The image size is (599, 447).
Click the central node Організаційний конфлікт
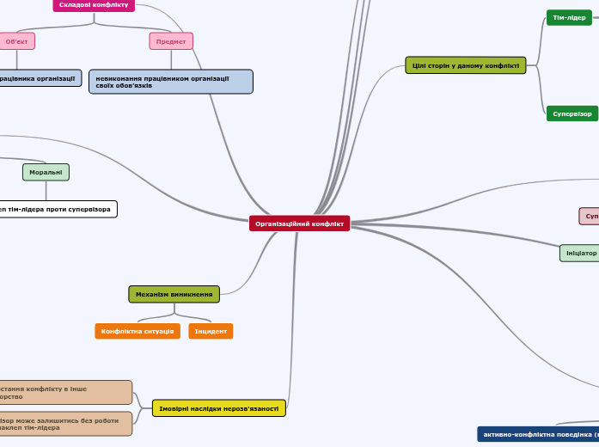click(x=299, y=223)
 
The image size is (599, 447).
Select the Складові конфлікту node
click(x=94, y=5)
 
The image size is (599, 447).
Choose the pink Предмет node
click(x=171, y=41)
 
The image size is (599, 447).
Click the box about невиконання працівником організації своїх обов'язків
click(x=171, y=82)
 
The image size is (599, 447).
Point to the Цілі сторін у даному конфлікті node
click(x=465, y=65)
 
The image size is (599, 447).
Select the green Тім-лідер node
click(x=569, y=17)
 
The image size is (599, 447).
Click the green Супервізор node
click(x=571, y=113)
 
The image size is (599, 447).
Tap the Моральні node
click(x=46, y=172)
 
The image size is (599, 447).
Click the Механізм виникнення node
click(x=174, y=294)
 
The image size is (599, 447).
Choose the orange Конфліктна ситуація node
click(x=138, y=331)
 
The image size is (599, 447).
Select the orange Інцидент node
click(x=211, y=331)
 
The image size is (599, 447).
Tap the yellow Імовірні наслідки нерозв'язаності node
click(x=218, y=408)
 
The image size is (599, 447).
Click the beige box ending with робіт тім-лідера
click(x=64, y=424)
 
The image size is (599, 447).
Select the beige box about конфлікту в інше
click(x=64, y=393)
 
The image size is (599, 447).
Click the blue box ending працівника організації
click(x=40, y=78)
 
